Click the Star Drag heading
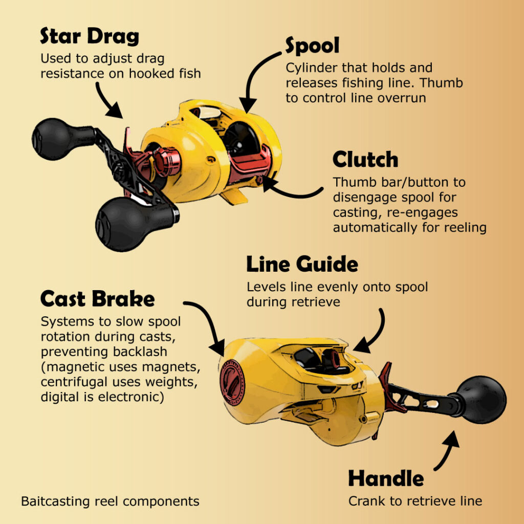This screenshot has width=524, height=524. click(89, 36)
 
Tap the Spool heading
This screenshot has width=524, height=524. click(312, 46)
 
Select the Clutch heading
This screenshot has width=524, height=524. click(365, 159)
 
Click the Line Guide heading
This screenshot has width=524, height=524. click(302, 265)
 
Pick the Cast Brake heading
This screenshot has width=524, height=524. click(97, 298)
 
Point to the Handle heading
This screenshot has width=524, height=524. click(386, 478)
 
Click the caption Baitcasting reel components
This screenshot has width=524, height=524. click(111, 501)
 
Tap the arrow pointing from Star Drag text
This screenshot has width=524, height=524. click(106, 100)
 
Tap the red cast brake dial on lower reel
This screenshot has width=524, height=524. click(232, 382)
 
